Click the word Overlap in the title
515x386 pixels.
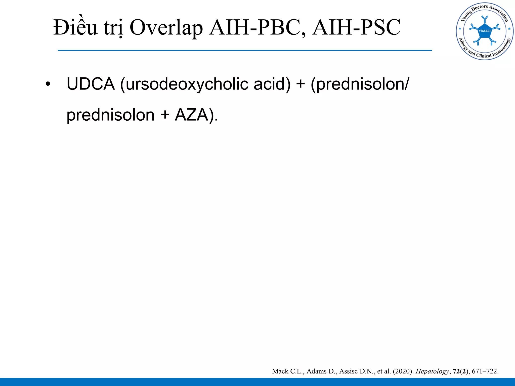[x=166, y=28]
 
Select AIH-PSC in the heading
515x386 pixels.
[x=357, y=28]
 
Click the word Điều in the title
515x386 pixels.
[x=75, y=28]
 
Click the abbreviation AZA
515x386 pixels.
[x=192, y=115]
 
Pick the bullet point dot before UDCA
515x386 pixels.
[x=48, y=84]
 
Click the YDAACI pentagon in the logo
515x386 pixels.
[x=485, y=31]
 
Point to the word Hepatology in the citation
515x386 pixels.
[x=432, y=371]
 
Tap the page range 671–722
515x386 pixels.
[x=485, y=371]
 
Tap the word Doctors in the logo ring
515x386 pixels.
[x=479, y=9]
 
